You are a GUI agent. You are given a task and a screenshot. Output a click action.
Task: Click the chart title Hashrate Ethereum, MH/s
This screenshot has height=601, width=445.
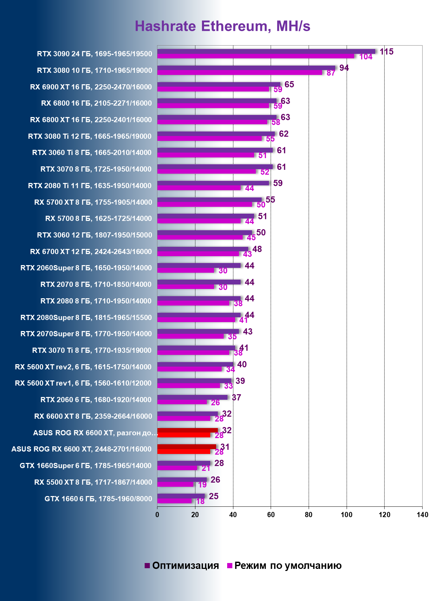click(x=222, y=26)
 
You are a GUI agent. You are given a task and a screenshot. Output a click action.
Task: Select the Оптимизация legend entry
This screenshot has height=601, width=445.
click(x=182, y=565)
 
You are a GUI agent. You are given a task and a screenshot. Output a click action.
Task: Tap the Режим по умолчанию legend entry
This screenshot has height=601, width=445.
click(x=284, y=565)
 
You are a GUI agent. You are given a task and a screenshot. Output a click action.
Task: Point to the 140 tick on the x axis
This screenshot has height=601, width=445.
click(x=422, y=515)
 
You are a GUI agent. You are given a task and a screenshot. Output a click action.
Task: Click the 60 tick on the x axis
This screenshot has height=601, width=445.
click(x=271, y=515)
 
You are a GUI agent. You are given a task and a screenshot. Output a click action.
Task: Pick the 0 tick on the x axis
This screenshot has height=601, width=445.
click(x=157, y=515)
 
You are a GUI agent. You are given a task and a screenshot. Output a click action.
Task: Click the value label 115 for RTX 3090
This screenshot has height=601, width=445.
click(x=386, y=52)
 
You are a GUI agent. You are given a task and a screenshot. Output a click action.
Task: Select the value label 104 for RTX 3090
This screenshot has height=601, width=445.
click(x=366, y=57)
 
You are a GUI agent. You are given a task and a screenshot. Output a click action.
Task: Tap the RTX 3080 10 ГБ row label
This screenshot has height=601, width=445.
click(x=94, y=70)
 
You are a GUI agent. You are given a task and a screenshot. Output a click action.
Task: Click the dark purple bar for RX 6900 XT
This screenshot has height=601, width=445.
click(x=219, y=84)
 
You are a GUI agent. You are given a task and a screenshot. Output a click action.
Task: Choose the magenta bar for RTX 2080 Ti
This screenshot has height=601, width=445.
click(x=199, y=188)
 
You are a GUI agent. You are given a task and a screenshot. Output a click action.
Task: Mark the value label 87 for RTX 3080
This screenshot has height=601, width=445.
click(x=331, y=73)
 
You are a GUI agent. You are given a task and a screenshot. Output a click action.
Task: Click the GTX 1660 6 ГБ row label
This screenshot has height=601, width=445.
click(x=98, y=498)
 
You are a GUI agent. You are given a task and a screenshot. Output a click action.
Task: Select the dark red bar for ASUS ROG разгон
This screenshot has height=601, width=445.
click(x=187, y=430)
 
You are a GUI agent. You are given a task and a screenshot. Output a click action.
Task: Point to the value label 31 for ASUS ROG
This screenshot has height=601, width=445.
click(x=225, y=447)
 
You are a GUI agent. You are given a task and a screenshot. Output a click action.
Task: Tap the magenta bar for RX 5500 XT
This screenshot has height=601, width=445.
click(x=175, y=484)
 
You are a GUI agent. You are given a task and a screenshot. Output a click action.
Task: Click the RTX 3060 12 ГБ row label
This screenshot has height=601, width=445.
click(x=94, y=235)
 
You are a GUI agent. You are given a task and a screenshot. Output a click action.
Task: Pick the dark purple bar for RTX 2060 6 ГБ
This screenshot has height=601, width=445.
click(x=192, y=397)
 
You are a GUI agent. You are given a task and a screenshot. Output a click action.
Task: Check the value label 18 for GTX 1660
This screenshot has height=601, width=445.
click(x=200, y=502)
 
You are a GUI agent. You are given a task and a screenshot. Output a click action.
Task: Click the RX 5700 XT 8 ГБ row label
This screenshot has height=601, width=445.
click(x=93, y=202)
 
